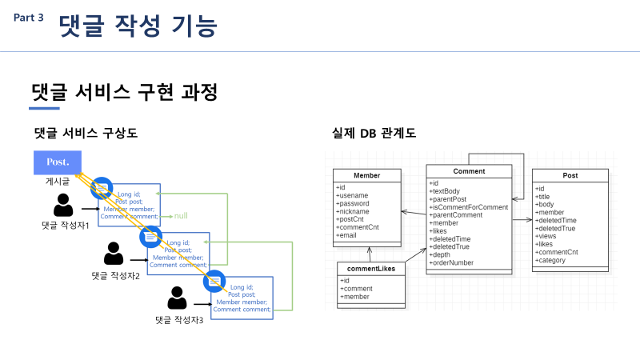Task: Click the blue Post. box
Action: click(x=58, y=162)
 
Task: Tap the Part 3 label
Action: click(x=29, y=18)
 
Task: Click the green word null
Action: click(x=181, y=216)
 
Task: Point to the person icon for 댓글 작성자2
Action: click(x=114, y=254)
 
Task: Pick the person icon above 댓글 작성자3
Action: click(x=178, y=298)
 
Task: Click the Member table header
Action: click(x=367, y=175)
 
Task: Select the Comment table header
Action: click(x=469, y=171)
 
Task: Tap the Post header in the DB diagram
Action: click(x=570, y=175)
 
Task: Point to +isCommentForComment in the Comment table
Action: click(x=469, y=207)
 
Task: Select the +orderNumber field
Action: click(x=452, y=262)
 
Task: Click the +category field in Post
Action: click(x=552, y=260)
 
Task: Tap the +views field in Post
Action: click(x=547, y=236)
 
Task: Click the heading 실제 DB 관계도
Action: click(x=374, y=133)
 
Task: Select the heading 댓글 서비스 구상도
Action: click(x=86, y=133)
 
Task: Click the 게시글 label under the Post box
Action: click(x=58, y=182)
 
